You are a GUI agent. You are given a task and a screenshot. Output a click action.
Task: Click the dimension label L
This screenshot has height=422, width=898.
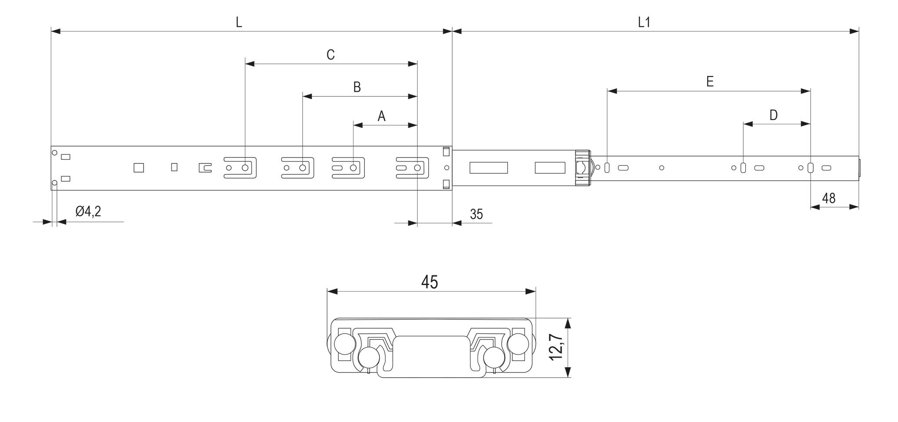click(239, 23)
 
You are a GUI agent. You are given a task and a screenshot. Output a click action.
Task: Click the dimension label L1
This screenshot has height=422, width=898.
click(644, 23)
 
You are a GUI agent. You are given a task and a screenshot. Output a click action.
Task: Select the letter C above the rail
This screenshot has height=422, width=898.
click(330, 55)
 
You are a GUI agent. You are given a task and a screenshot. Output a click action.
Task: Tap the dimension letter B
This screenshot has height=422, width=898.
click(357, 87)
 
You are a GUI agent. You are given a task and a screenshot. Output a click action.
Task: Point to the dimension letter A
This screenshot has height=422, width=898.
click(381, 116)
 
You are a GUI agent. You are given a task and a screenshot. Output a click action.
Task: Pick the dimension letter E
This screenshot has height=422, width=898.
click(710, 81)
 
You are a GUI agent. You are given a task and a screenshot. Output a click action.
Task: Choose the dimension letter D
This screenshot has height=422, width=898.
click(774, 115)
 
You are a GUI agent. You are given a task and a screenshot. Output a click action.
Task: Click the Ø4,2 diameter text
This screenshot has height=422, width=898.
click(88, 212)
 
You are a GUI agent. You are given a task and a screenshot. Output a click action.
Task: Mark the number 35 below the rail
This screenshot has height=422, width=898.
click(477, 214)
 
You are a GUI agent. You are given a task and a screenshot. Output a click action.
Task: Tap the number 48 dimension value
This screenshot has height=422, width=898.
click(829, 198)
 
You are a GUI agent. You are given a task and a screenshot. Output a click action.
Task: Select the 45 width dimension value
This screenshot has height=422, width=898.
click(430, 282)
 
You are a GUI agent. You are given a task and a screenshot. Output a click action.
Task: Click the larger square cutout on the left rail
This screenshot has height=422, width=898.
click(139, 168)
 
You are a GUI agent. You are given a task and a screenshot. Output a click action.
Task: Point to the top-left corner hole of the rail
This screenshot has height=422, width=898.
click(55, 153)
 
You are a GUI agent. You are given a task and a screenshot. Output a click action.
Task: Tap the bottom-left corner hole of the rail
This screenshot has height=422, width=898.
click(55, 183)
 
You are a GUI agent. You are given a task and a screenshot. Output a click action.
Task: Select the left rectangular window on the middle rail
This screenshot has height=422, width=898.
click(489, 168)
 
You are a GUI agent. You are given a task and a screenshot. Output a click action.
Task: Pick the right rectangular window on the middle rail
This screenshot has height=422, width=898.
click(550, 168)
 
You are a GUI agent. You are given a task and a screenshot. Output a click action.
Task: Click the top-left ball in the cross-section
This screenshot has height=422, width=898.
click(344, 344)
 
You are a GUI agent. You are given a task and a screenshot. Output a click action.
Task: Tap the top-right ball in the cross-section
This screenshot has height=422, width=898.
click(519, 344)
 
